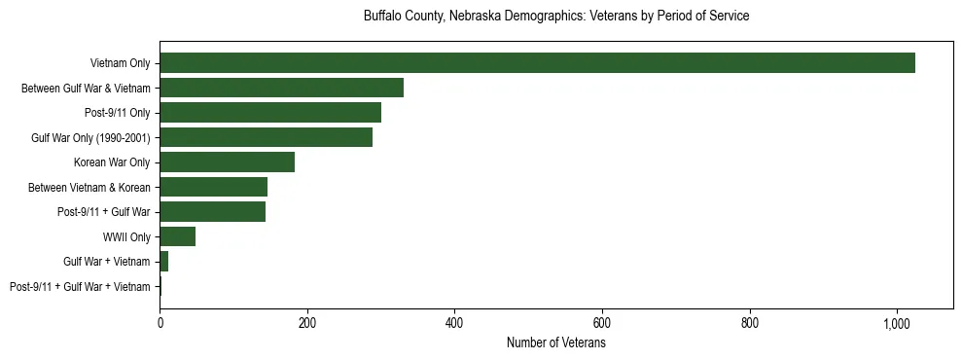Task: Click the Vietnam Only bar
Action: click(537, 63)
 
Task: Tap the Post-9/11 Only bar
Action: click(270, 113)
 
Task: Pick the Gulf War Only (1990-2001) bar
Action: click(266, 137)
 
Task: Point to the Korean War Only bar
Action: click(227, 162)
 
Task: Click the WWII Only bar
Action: click(177, 236)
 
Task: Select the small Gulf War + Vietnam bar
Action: click(164, 262)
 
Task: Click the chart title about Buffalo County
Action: click(555, 17)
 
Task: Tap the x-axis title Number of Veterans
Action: click(555, 343)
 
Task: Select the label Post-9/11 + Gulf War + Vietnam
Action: click(80, 287)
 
